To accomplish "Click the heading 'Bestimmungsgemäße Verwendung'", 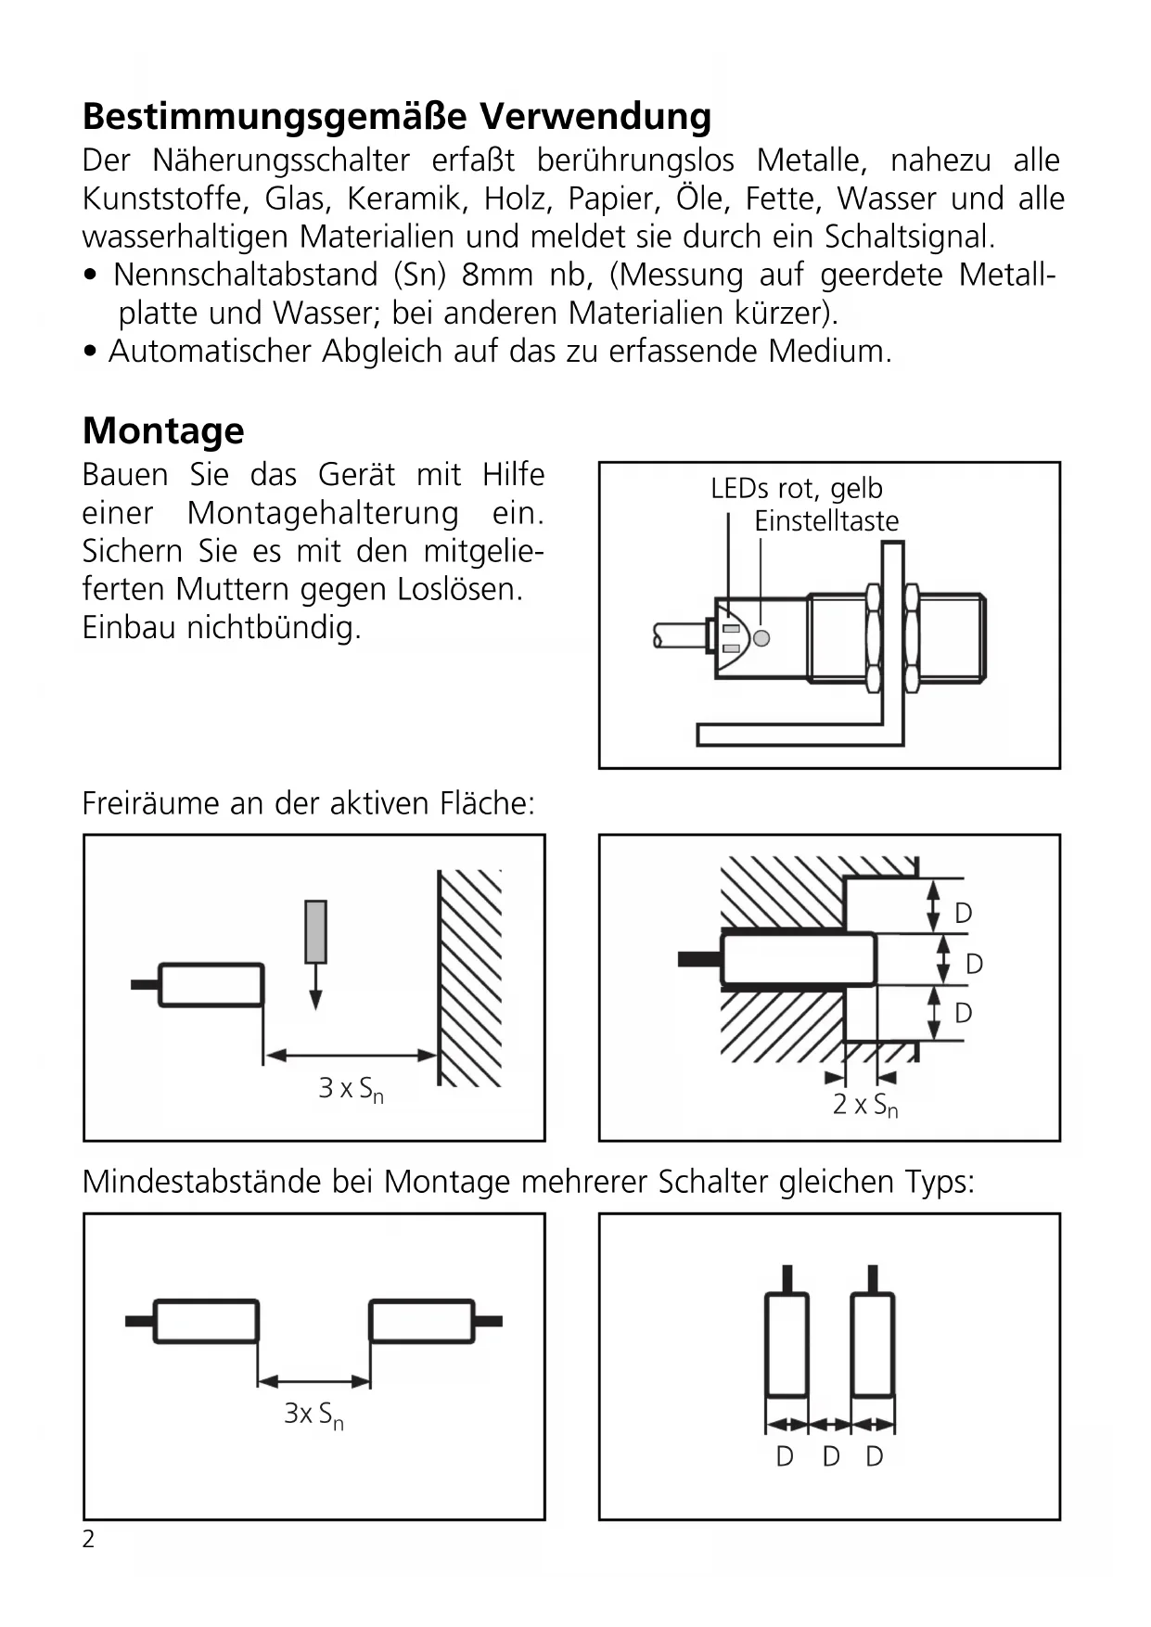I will (397, 118).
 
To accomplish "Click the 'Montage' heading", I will (163, 431).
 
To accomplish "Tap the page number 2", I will (88, 1539).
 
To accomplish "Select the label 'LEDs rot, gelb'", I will (796, 488).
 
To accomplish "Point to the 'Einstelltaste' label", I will (825, 521).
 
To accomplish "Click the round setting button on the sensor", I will (761, 638).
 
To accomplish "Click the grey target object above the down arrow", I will (315, 931).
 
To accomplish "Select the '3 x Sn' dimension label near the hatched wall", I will (351, 1089).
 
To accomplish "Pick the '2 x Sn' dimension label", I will (864, 1105).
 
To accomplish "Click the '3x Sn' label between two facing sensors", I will (313, 1415).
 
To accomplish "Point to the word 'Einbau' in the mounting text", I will (130, 628).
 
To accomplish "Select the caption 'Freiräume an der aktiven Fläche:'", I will (308, 803).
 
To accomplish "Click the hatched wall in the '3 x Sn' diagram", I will (469, 979).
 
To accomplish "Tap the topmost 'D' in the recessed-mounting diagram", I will (963, 914).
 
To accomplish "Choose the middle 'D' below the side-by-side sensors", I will (830, 1457).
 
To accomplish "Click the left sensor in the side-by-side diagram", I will (787, 1345).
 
